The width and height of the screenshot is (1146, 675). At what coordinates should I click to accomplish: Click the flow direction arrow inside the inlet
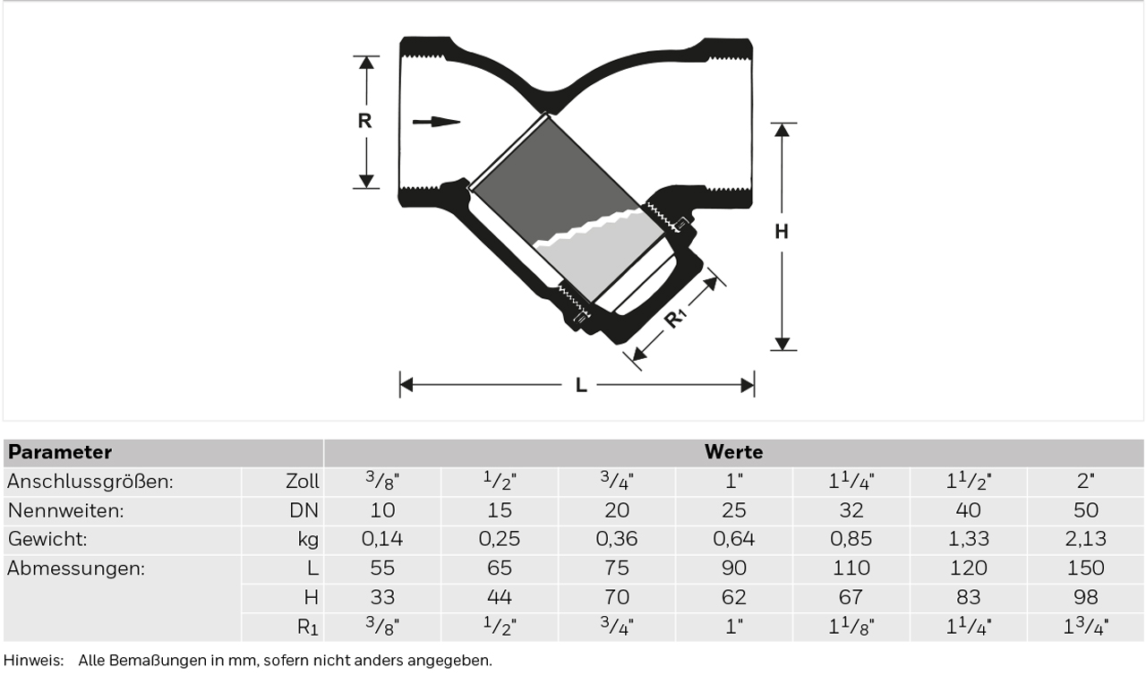(436, 122)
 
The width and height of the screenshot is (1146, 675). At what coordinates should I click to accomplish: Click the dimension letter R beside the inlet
(364, 121)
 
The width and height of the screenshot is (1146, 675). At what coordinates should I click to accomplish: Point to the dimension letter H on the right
(782, 232)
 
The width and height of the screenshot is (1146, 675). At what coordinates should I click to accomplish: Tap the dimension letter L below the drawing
(581, 385)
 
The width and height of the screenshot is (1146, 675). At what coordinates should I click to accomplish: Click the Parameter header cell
(163, 453)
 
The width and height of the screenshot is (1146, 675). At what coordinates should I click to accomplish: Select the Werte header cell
(733, 453)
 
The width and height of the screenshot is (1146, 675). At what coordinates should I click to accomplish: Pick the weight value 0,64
(733, 539)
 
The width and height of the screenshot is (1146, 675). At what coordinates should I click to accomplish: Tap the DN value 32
(851, 510)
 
